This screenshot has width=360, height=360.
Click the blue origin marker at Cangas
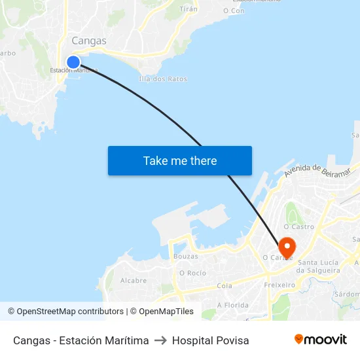point(73,62)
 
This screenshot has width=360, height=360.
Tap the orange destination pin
point(287,247)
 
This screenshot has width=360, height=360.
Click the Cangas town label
point(89,41)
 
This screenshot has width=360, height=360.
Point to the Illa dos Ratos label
point(163,79)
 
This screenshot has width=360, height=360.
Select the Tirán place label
point(189,9)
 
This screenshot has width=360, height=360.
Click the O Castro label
point(298,227)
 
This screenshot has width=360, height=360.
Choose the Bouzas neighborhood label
point(185,257)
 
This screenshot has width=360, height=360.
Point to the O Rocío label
point(192,273)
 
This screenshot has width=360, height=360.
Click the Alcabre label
point(134,280)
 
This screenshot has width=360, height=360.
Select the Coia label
point(225,285)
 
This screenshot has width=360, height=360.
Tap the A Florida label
point(232,305)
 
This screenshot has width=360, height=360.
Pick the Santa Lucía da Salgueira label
point(319,266)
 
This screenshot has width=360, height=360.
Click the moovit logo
point(321,339)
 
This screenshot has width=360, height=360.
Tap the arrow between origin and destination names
point(160,340)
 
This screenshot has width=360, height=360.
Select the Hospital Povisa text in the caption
point(211,340)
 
